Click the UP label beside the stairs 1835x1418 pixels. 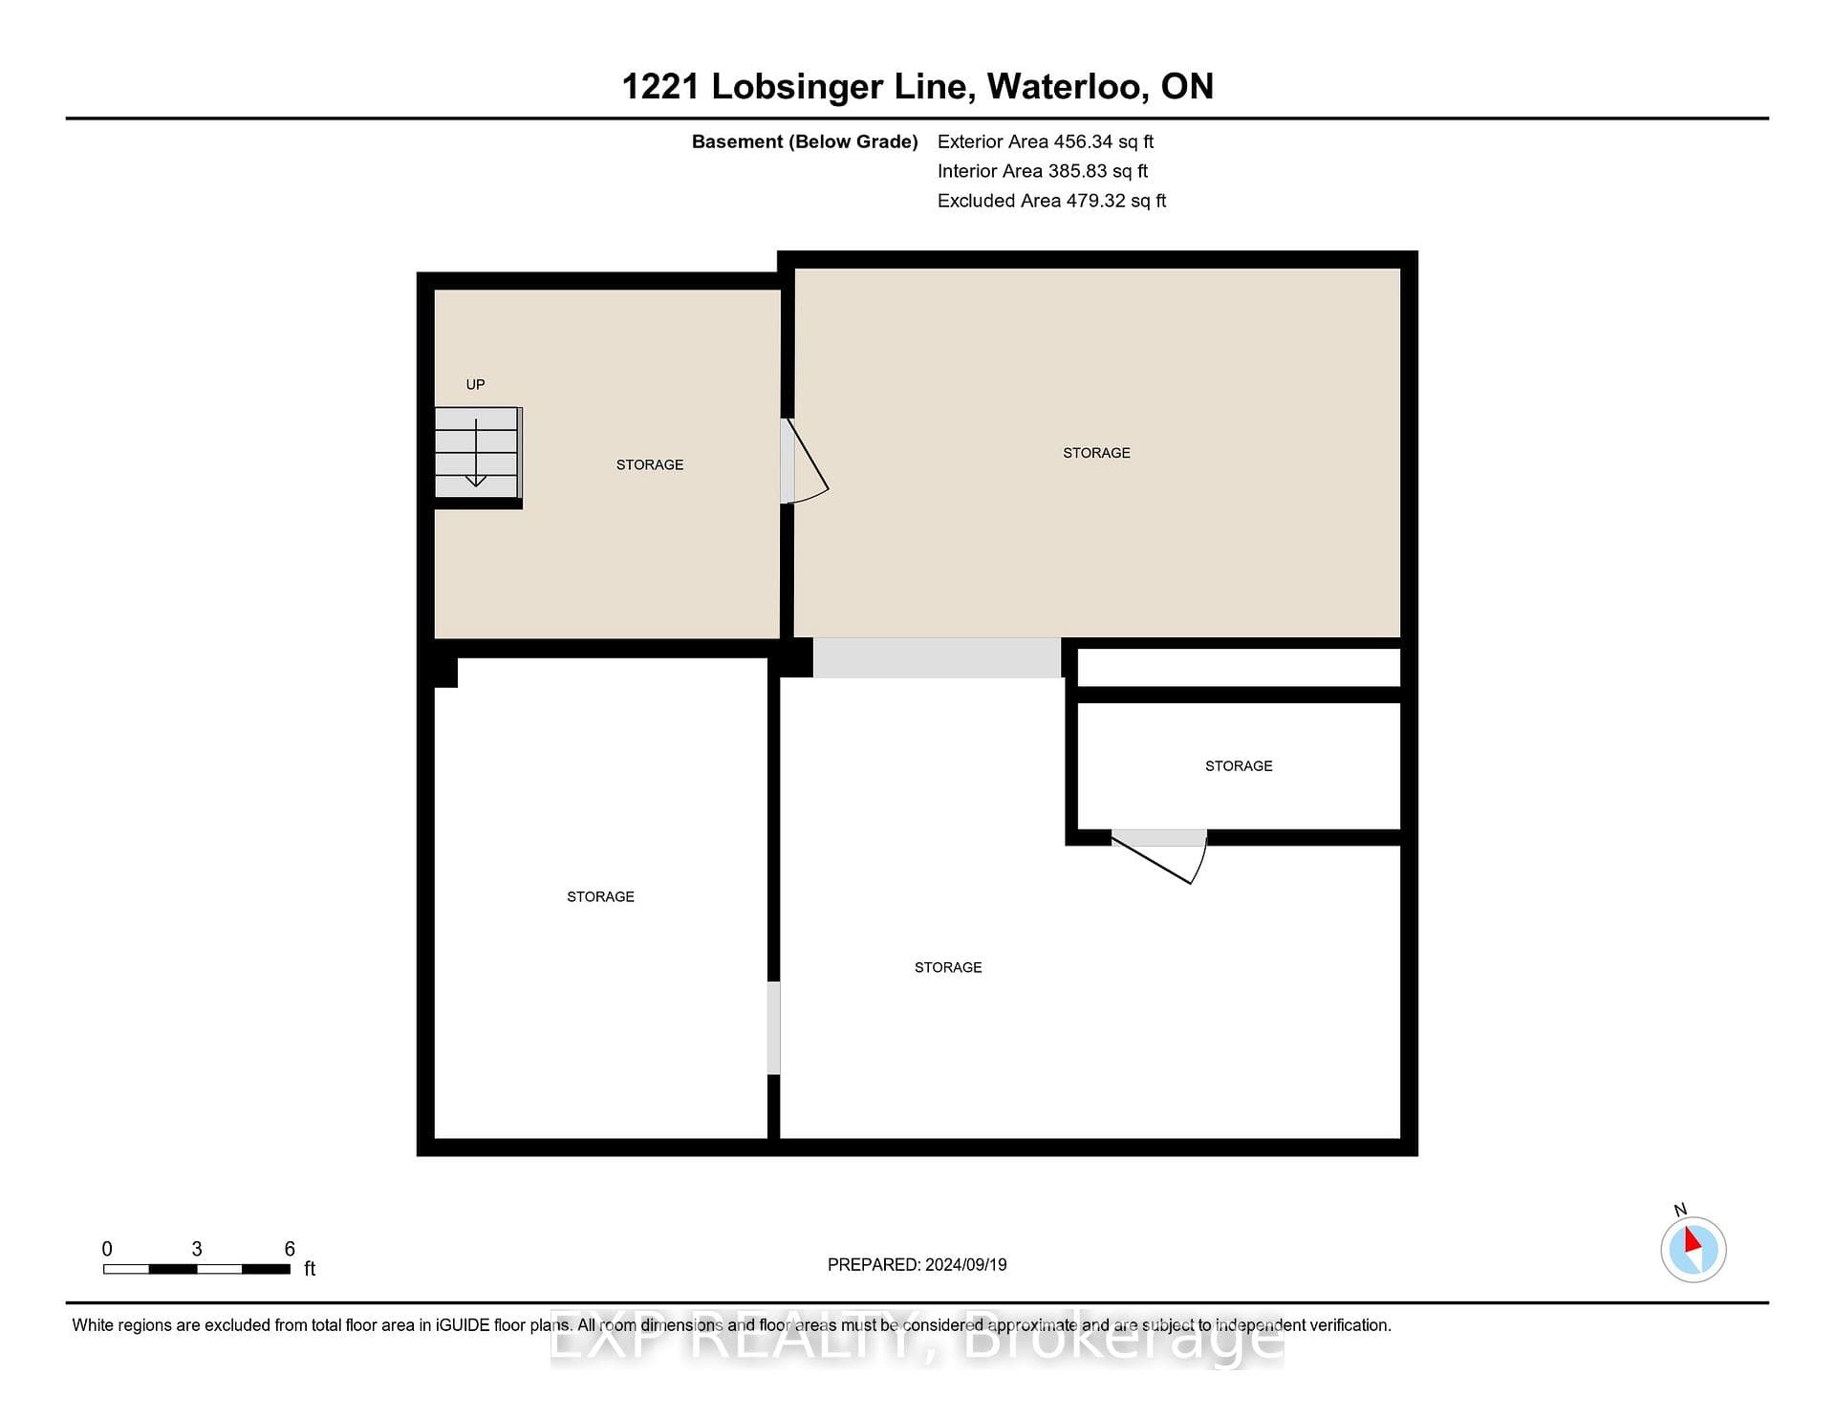(475, 384)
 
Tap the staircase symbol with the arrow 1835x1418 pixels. (477, 453)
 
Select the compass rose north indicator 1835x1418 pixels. (1693, 1247)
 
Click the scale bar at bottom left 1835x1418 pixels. (197, 1269)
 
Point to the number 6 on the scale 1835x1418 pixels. (290, 1249)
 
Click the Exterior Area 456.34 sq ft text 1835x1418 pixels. (1046, 141)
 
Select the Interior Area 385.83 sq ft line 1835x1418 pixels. (1043, 171)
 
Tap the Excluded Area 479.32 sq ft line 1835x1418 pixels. (1051, 201)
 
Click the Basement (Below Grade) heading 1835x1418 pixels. (805, 141)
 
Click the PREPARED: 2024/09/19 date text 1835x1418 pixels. (917, 1264)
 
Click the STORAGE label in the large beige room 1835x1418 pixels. (1096, 453)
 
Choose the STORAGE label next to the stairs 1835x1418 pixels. (650, 465)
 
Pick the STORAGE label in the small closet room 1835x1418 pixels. (1239, 766)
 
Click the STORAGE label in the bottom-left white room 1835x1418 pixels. (600, 896)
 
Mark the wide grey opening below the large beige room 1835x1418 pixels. (937, 657)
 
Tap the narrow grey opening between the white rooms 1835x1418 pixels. (774, 1028)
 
